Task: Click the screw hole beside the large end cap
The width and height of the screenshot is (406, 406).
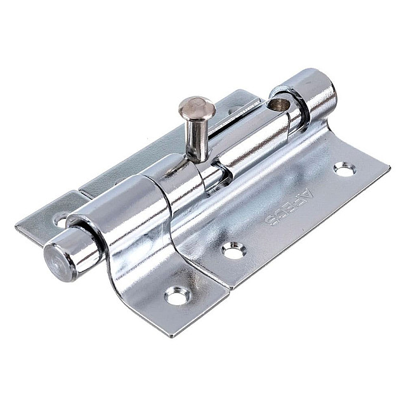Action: pos(344,169)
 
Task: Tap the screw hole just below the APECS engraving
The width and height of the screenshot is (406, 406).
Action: pos(233,250)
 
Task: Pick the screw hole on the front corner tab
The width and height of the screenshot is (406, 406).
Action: pos(177,294)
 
